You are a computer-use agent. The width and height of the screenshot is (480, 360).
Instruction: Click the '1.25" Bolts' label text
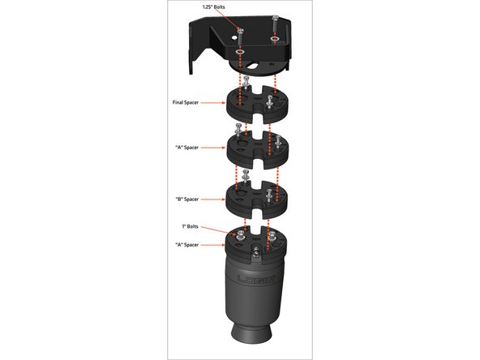(x=214, y=7)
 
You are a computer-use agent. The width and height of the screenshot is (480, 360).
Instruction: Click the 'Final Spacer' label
(x=186, y=102)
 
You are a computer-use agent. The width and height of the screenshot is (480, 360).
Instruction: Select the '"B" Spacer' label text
(x=186, y=199)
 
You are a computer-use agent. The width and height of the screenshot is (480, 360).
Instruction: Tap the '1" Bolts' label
(x=190, y=226)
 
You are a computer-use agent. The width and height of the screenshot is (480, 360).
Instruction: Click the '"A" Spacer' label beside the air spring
(x=186, y=245)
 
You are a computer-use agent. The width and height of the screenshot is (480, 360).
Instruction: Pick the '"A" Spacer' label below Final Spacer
(x=186, y=148)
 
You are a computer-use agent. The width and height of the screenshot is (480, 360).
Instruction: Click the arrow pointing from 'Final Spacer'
(x=213, y=103)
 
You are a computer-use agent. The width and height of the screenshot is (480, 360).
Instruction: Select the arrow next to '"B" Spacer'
(x=213, y=199)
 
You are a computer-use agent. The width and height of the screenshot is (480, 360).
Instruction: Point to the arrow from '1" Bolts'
(x=219, y=231)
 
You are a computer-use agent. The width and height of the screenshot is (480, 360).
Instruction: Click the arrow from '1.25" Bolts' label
(x=228, y=19)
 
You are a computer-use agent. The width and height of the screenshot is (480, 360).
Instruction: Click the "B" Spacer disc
(x=256, y=200)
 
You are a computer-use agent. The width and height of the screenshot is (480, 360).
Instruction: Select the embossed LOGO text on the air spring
(x=256, y=280)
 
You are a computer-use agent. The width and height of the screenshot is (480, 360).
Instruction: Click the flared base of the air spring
(x=251, y=336)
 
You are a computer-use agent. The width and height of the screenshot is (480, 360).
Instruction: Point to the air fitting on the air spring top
(x=256, y=252)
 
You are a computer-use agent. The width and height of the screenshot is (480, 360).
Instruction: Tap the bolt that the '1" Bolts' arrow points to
(x=240, y=236)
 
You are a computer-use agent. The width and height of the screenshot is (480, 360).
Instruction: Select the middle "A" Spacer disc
(x=257, y=150)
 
